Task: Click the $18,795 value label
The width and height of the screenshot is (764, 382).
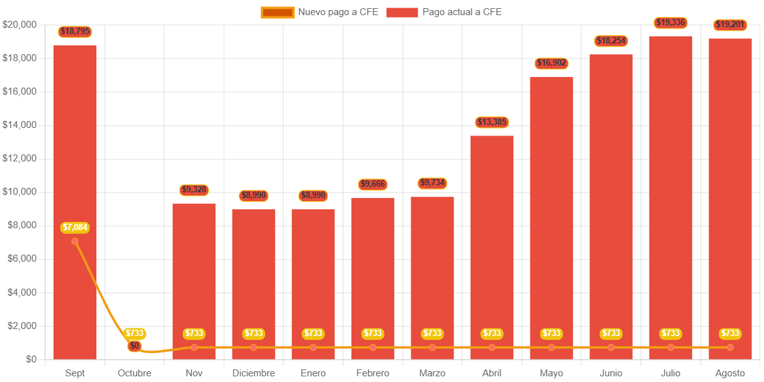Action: (74, 32)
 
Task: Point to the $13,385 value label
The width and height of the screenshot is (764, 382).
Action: (492, 122)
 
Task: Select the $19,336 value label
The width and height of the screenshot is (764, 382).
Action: (670, 23)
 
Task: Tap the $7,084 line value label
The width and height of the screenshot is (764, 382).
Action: (75, 227)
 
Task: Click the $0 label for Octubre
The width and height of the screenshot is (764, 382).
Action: (134, 345)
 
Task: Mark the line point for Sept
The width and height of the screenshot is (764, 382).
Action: (75, 241)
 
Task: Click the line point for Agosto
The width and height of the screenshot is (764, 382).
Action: (730, 347)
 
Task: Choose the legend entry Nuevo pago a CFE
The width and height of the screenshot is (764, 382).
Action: (320, 12)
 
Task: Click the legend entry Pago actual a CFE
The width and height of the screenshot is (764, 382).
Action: (444, 12)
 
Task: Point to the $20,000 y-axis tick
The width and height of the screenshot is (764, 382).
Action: (20, 25)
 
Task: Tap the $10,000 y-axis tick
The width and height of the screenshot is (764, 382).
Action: (20, 192)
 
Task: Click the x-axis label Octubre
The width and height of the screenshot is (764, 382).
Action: (134, 373)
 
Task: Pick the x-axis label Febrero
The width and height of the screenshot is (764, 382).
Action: (373, 373)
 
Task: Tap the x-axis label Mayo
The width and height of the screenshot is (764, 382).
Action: (551, 373)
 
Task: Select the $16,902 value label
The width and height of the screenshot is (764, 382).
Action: (551, 63)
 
